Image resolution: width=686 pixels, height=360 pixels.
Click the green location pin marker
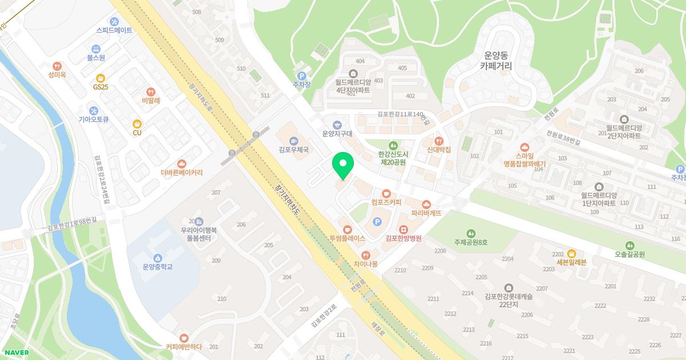point(343,166)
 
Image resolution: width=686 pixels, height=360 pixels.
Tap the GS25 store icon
point(101,78)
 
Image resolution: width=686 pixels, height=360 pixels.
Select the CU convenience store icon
point(137,123)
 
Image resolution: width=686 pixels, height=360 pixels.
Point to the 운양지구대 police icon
point(337,125)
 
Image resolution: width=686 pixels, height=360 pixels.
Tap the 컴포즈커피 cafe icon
point(386,193)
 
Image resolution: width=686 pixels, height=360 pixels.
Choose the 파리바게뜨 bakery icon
point(426,204)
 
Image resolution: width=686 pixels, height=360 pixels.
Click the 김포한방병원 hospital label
point(403,238)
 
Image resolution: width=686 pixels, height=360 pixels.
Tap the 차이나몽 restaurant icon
point(366,255)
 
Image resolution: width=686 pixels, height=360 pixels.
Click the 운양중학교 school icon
point(157,257)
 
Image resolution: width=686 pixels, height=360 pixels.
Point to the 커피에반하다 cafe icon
point(184,338)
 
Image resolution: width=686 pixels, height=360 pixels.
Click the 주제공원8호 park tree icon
point(470,233)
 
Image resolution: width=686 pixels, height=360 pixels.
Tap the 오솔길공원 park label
point(629,254)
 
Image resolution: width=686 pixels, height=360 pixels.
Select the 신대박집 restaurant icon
point(439,141)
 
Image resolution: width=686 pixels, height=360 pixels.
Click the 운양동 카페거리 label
point(496,61)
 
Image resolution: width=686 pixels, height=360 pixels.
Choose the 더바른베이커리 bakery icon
point(181,163)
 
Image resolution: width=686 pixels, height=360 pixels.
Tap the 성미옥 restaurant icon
point(57,66)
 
